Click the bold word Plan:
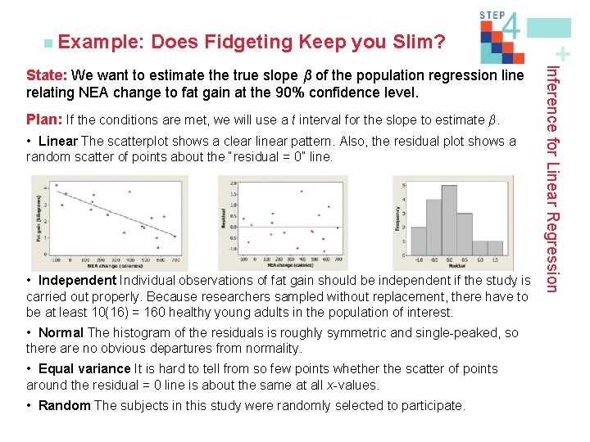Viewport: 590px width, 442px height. point(44,120)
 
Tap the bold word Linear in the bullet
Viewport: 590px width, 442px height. point(58,141)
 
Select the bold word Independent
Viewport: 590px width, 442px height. point(78,282)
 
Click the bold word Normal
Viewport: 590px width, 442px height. point(61,332)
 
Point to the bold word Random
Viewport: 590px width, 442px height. point(65,405)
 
